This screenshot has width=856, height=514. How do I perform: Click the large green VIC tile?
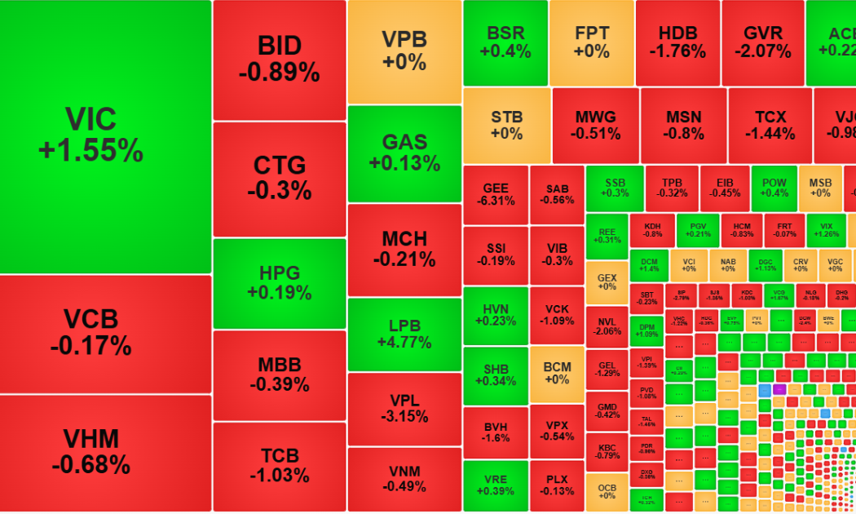106,135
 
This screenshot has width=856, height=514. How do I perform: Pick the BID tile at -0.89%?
279,59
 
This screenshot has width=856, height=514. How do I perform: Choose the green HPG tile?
279,282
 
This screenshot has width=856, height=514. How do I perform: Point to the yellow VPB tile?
404,51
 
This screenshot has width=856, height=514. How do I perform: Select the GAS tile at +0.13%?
404,153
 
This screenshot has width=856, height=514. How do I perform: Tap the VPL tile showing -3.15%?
404,407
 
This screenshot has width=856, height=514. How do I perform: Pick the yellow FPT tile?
592,42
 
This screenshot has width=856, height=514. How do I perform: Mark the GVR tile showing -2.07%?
763,42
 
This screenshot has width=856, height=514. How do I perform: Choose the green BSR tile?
505,42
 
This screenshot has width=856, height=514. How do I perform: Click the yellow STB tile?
506,125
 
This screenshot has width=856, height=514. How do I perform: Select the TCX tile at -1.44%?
770,125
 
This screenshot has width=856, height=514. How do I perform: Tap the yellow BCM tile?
557,373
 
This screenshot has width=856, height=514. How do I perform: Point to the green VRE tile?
495,485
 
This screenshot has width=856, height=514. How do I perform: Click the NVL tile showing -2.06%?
607,326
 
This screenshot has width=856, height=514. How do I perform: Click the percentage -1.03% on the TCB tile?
279,475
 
